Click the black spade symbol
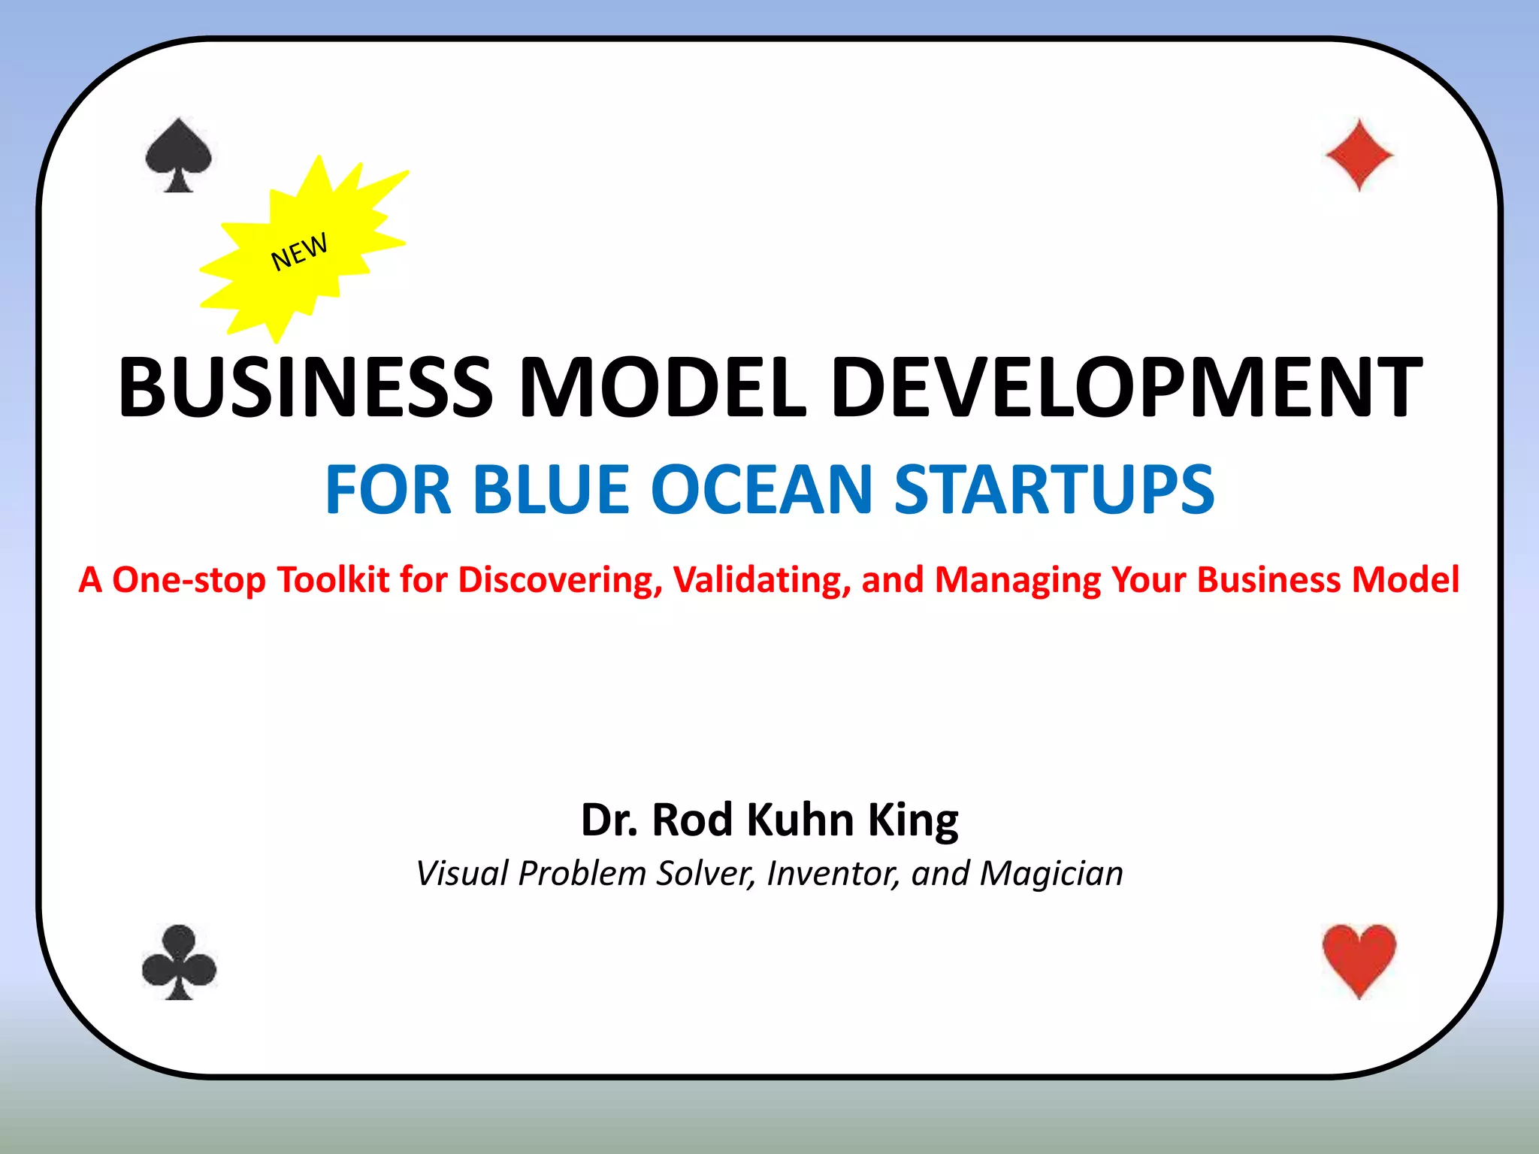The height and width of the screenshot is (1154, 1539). (179, 154)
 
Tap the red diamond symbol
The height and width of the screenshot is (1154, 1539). (1359, 155)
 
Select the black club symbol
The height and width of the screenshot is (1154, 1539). (179, 962)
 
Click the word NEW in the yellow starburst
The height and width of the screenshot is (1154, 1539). (299, 251)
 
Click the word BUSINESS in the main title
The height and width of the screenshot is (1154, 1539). (305, 388)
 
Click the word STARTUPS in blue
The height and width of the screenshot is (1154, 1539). (1054, 490)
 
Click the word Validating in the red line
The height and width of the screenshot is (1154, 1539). (761, 580)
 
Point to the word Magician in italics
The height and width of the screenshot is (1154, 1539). (1051, 874)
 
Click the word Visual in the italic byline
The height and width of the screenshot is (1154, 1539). (458, 874)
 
